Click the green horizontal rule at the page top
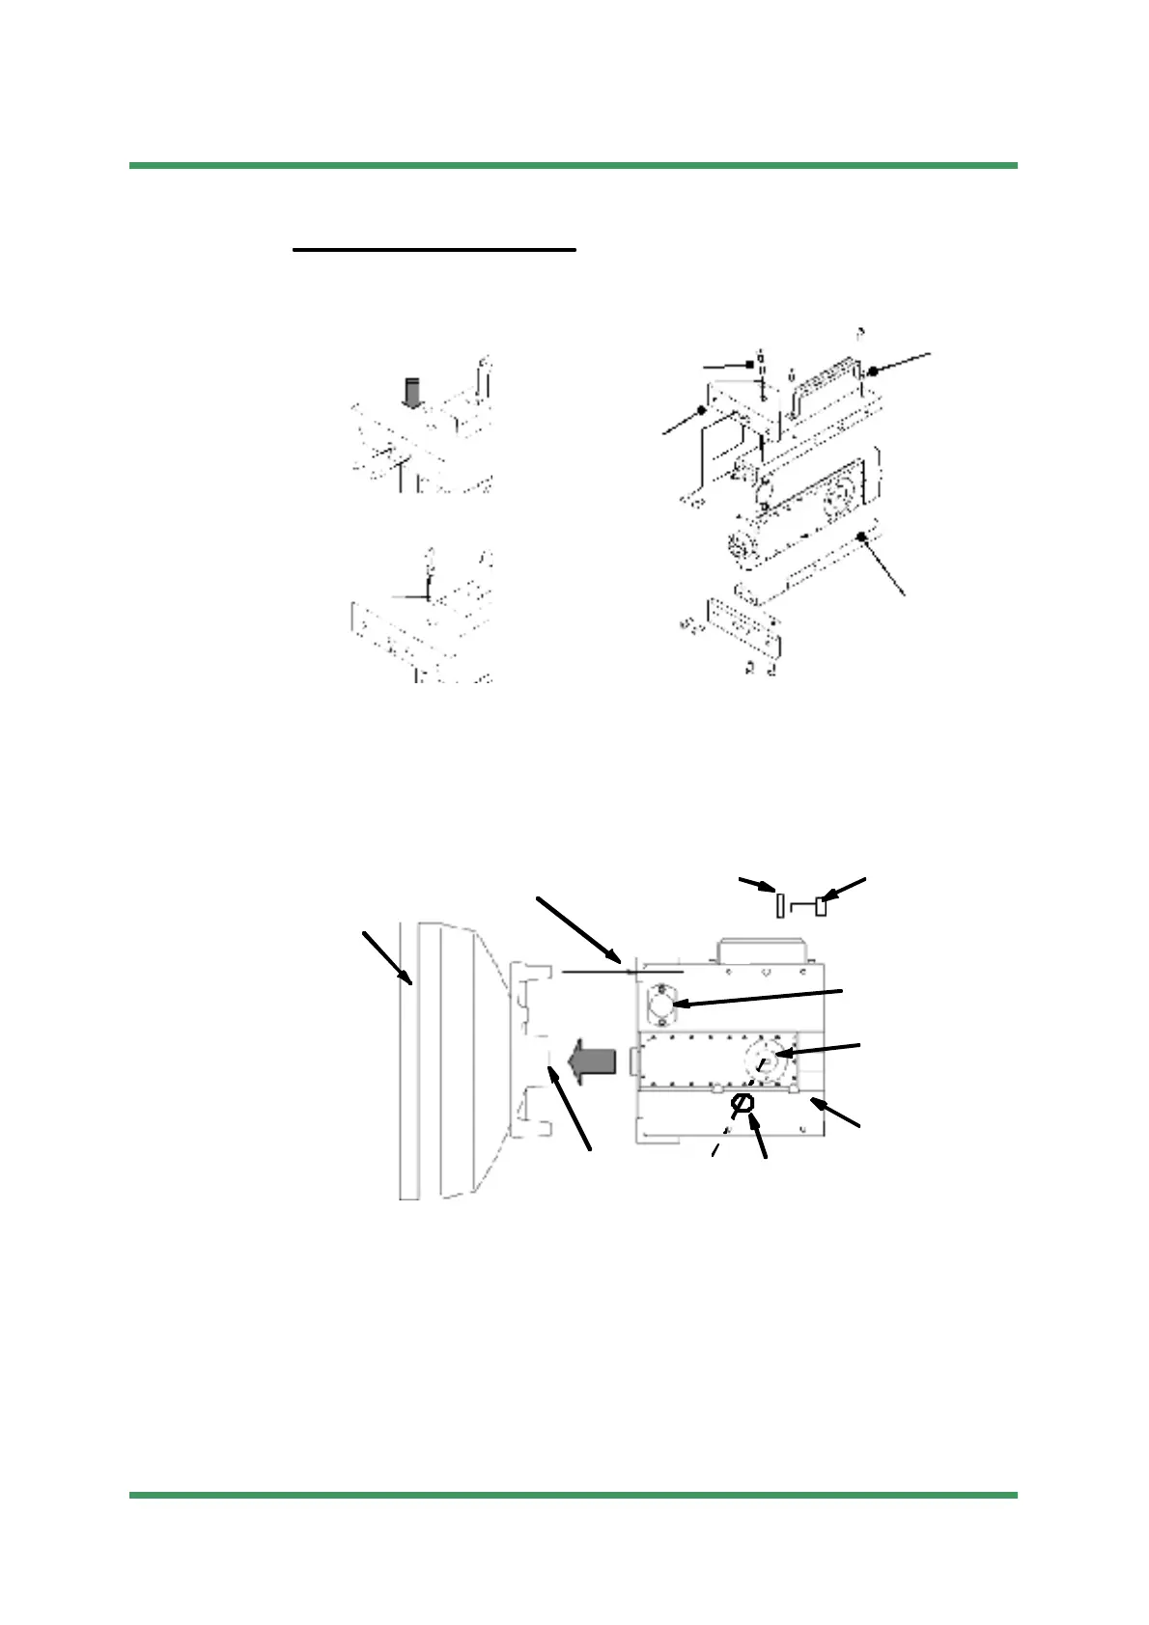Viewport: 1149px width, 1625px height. tap(574, 166)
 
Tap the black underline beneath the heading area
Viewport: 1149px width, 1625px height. tap(434, 250)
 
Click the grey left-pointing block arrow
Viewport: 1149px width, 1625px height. tap(590, 1062)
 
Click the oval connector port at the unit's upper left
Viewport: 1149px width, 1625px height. tap(661, 1005)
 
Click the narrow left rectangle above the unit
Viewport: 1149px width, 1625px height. tap(780, 906)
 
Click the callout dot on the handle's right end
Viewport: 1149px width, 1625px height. tap(872, 371)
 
